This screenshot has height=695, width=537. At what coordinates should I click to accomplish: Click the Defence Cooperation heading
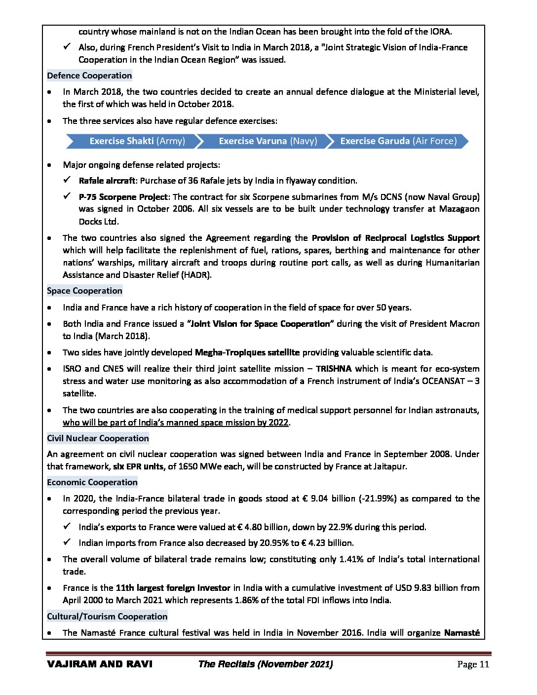point(89,76)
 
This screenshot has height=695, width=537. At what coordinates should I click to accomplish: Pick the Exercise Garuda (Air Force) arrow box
point(398,141)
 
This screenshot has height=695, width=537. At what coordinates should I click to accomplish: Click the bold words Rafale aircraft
point(107,181)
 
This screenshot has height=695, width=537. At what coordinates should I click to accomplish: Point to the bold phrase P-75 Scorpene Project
point(123,197)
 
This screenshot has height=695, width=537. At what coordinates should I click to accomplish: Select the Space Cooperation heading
point(84,291)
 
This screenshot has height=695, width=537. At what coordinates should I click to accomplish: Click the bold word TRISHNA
point(334,369)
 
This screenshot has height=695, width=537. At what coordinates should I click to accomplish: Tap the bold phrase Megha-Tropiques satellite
point(247,352)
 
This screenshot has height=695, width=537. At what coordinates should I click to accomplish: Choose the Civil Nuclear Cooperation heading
point(98,438)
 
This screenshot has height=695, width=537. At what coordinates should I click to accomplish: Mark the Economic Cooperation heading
point(92,482)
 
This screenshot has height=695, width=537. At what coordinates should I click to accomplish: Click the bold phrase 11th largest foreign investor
point(173,588)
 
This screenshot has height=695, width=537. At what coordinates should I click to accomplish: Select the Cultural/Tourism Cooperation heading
point(107,617)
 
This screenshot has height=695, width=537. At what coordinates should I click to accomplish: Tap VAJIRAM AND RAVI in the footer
point(100,664)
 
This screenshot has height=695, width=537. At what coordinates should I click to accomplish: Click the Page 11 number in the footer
point(473,664)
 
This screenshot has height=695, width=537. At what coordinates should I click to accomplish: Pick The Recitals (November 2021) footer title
point(265,664)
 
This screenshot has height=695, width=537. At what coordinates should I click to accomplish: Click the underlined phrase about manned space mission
point(175,423)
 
